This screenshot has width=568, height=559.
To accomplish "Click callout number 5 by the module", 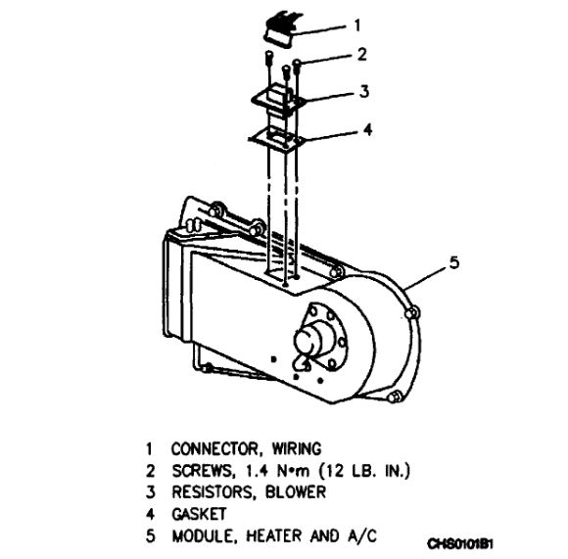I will (452, 261).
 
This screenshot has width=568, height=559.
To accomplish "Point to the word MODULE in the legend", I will (201, 536).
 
